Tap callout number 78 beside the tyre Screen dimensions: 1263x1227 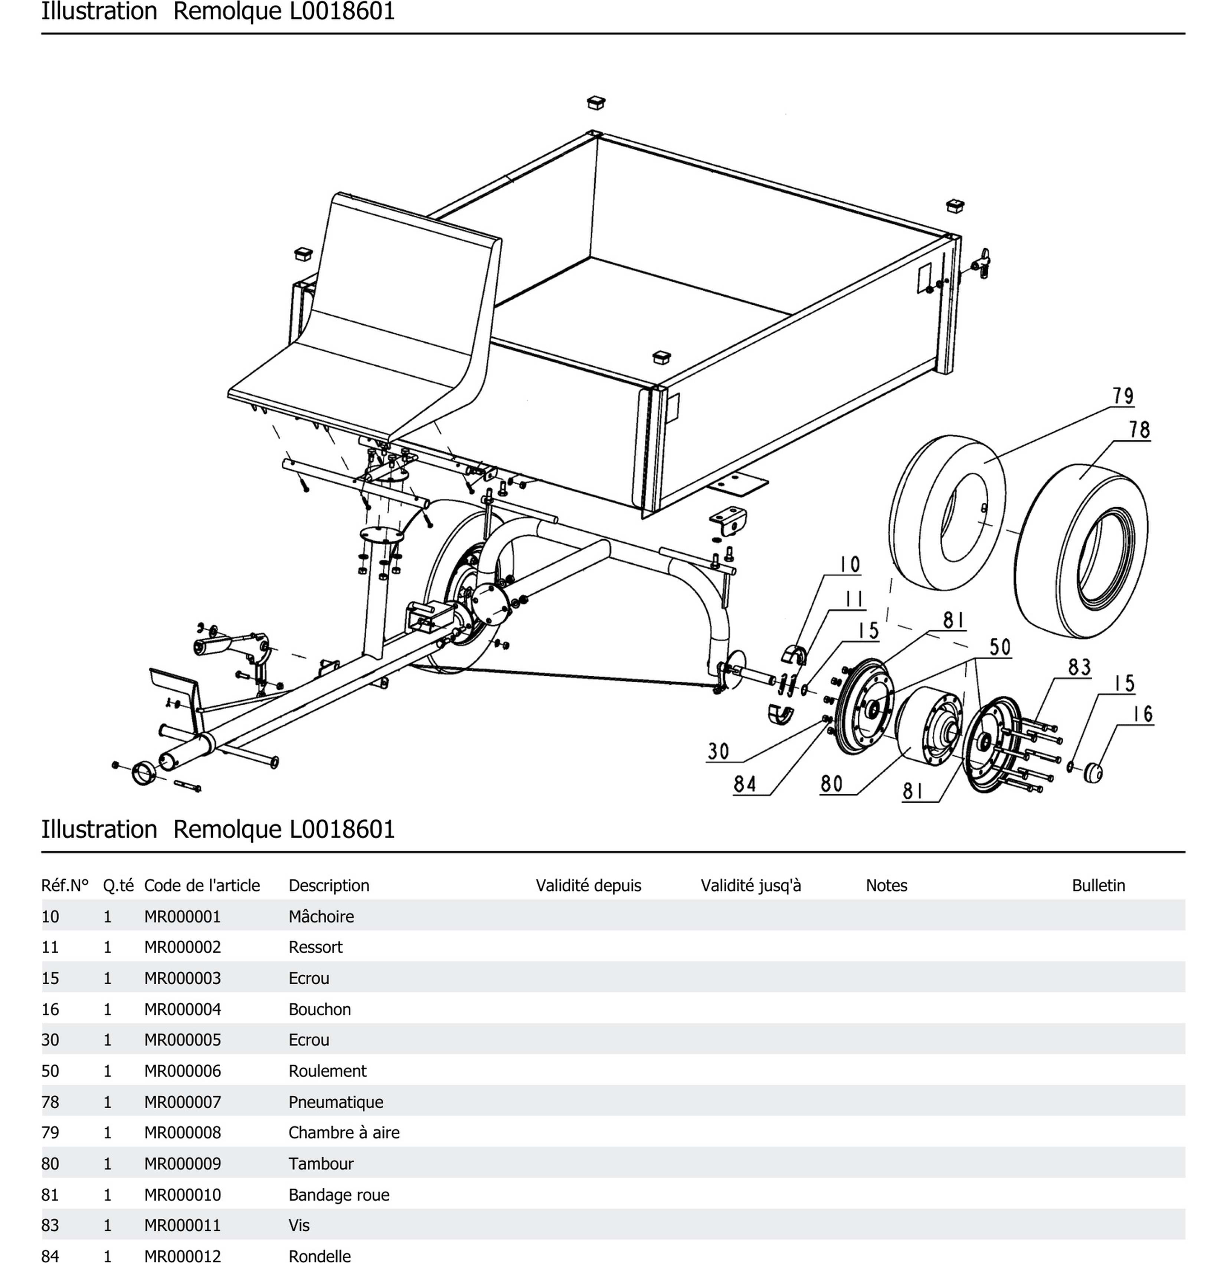(1139, 430)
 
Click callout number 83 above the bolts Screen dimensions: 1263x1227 (1079, 667)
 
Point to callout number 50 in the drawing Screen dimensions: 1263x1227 (999, 647)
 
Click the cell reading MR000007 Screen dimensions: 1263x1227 (182, 1102)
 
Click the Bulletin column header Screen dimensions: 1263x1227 (1098, 885)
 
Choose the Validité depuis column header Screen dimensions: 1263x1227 (588, 885)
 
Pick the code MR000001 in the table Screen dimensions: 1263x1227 (182, 916)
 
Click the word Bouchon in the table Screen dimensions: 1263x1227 (320, 1009)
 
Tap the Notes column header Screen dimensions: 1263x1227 (886, 885)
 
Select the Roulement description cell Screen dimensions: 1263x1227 (327, 1071)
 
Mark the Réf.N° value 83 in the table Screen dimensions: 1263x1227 (50, 1226)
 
